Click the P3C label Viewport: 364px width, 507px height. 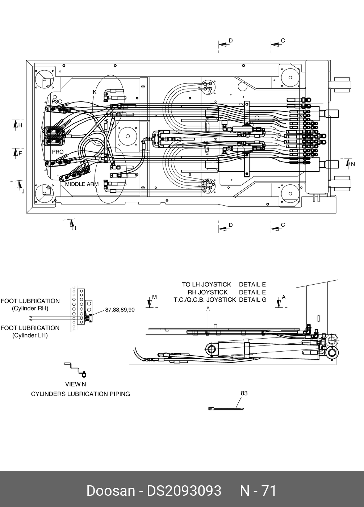point(57,102)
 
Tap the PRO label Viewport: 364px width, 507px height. point(58,152)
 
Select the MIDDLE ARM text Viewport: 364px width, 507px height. point(82,184)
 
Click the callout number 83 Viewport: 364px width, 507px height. point(244,393)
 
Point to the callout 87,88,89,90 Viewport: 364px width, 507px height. point(120,310)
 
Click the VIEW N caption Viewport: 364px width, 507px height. point(76,384)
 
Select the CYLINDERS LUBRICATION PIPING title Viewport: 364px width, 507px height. point(80,394)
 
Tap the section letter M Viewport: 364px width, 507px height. point(154,297)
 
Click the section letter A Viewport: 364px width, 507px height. point(284,297)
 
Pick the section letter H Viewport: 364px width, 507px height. point(20,125)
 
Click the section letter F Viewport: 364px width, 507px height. point(20,154)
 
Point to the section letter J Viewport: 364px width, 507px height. point(23,192)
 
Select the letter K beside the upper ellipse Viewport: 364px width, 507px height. point(95,92)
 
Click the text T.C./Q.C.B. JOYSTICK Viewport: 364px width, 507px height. point(205,300)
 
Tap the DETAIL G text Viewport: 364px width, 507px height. point(253,300)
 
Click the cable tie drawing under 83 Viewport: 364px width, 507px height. point(226,408)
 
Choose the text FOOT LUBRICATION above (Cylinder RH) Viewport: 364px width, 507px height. point(30,301)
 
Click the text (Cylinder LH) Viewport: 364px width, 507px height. point(30,335)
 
